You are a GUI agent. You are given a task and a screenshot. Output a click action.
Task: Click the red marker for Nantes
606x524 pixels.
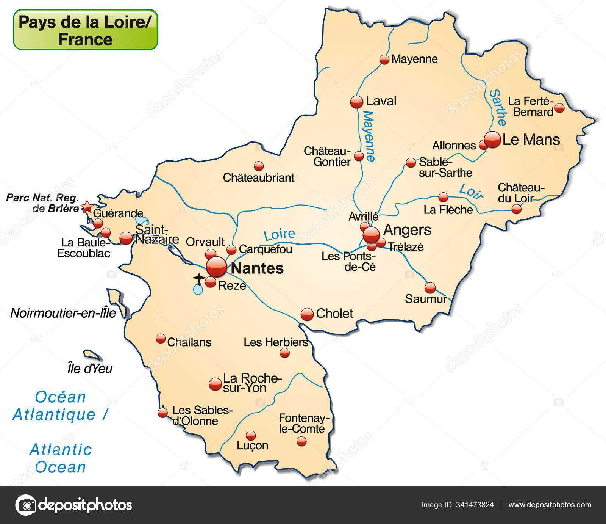(216, 267)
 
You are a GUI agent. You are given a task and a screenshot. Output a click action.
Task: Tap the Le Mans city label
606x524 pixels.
(531, 140)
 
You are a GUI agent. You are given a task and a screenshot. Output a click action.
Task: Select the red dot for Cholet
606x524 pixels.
(307, 314)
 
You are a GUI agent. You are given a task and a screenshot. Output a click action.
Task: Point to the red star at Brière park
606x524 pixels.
(87, 207)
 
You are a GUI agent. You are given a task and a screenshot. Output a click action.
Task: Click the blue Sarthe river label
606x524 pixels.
(498, 107)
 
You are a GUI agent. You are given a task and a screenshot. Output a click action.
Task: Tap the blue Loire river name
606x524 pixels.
(279, 235)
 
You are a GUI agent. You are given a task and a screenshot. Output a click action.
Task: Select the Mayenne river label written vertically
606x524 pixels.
(368, 136)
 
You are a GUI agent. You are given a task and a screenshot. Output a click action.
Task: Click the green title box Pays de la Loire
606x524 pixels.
(86, 30)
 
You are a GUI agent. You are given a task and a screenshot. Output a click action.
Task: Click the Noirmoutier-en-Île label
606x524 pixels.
(63, 313)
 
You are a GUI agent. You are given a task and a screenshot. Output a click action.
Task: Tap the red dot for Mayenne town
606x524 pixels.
(384, 60)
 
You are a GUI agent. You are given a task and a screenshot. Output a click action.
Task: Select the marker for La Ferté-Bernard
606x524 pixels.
(559, 108)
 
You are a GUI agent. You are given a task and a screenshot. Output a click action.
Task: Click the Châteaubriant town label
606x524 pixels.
(258, 177)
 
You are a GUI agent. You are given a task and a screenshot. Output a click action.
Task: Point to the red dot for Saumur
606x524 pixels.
(430, 288)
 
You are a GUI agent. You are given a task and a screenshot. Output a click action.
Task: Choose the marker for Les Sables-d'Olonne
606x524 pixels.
(162, 413)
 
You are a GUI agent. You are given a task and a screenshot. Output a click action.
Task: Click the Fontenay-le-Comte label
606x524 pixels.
(302, 424)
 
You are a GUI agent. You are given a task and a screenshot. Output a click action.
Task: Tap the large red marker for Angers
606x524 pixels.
(371, 235)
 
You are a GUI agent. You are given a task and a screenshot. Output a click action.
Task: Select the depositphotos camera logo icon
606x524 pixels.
(26, 505)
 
